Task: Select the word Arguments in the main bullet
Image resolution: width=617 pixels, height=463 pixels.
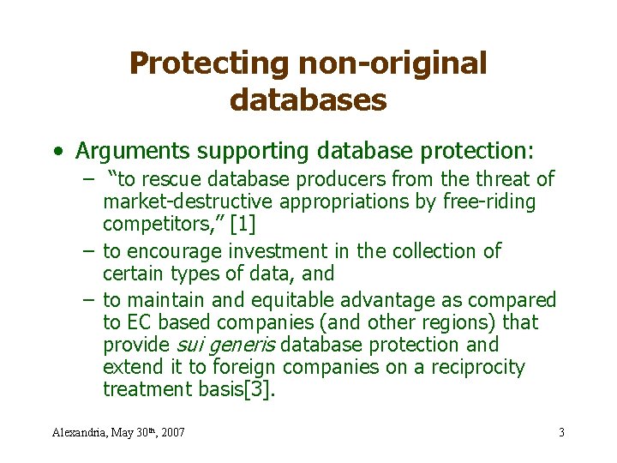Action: pyautogui.click(x=133, y=152)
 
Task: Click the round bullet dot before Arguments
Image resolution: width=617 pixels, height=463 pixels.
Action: pyautogui.click(x=57, y=153)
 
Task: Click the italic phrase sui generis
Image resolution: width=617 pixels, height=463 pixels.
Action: pyautogui.click(x=225, y=345)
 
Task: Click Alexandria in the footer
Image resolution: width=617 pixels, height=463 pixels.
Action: pyautogui.click(x=80, y=432)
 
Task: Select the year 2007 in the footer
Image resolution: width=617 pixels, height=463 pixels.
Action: pyautogui.click(x=171, y=432)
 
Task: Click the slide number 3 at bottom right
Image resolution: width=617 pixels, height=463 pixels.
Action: pyautogui.click(x=561, y=432)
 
